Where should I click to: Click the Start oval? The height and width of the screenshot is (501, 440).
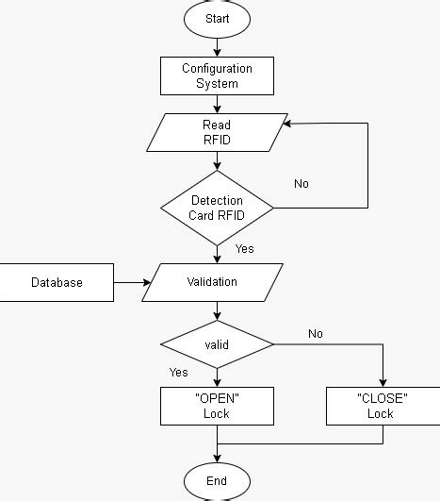[x=217, y=17]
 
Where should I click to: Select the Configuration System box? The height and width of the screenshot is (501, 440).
[x=217, y=75]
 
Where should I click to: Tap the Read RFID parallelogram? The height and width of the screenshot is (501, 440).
[x=217, y=133]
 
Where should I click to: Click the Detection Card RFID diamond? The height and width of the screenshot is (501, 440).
[x=217, y=207]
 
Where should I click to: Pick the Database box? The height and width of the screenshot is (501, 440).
[x=57, y=282]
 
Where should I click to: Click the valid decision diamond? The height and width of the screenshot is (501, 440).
[x=217, y=345]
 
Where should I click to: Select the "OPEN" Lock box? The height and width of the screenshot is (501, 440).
[x=217, y=406]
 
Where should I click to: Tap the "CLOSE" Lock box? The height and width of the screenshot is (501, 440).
[x=381, y=406]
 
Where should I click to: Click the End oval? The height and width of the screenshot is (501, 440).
[x=217, y=480]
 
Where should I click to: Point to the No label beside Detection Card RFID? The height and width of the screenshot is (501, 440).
[x=301, y=183]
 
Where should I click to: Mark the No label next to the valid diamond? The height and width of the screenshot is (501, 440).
[x=316, y=333]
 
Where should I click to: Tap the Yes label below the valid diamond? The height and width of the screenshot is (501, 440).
[x=179, y=373]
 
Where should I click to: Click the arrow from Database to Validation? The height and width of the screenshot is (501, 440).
[x=132, y=282]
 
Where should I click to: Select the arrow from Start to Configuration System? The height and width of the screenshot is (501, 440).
[x=217, y=45]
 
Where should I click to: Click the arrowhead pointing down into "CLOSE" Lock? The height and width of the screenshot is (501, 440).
[x=382, y=382]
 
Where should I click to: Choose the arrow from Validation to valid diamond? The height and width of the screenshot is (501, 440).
[x=217, y=311]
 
